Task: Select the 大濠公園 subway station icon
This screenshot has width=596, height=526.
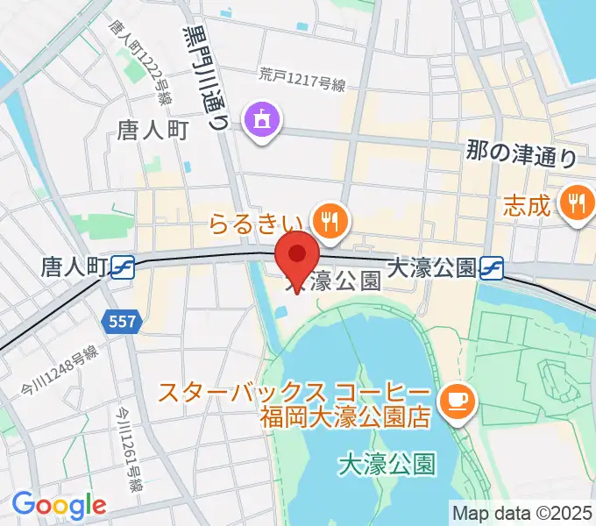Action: pos(492,267)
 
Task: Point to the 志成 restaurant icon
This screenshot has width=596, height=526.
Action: pos(577,204)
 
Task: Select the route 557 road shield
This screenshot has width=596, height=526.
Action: pos(122,322)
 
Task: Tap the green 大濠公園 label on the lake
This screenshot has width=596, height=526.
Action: pos(387,462)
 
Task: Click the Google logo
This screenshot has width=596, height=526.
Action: pos(59,505)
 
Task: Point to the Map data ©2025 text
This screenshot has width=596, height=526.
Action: pos(522,512)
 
